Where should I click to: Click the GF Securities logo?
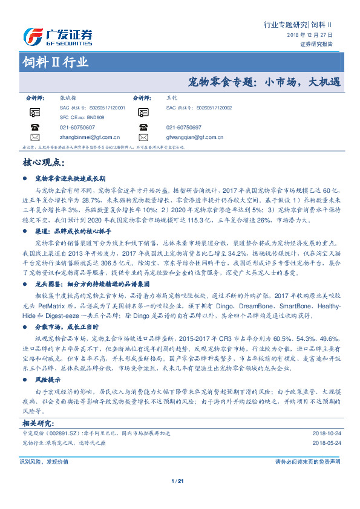point(58,37)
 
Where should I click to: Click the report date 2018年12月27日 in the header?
point(310,36)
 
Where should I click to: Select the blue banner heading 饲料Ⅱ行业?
point(55,62)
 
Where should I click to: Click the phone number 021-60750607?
point(77,128)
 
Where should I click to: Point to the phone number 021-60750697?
point(183,128)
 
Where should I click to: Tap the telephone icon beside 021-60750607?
point(35,128)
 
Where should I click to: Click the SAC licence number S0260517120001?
point(102,107)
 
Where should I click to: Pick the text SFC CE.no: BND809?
point(82,117)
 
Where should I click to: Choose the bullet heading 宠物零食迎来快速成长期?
point(71,179)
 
